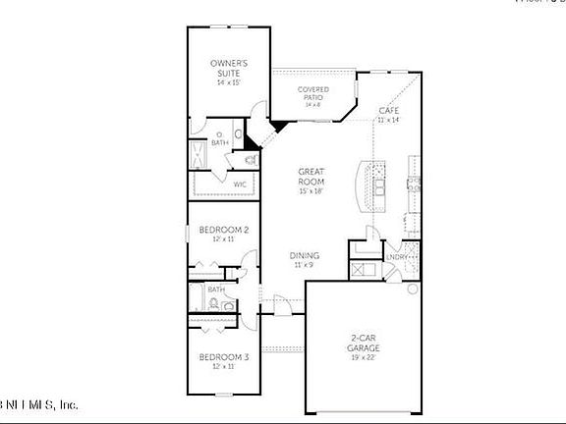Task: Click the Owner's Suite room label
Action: tap(228, 68)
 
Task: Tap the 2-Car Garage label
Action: tap(364, 343)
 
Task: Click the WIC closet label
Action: tap(239, 184)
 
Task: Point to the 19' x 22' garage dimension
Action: tap(364, 357)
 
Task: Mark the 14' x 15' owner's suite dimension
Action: tap(228, 82)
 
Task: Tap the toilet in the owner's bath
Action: tap(249, 158)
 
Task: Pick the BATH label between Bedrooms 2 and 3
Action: tap(215, 290)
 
